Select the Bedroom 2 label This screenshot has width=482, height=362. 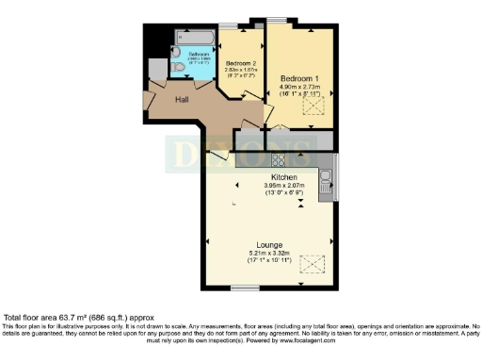[240, 62]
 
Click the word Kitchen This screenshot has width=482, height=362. [284, 177]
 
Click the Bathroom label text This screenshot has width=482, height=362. [199, 54]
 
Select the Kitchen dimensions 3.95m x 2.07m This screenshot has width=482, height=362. [284, 186]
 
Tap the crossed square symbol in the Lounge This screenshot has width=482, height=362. [312, 265]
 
